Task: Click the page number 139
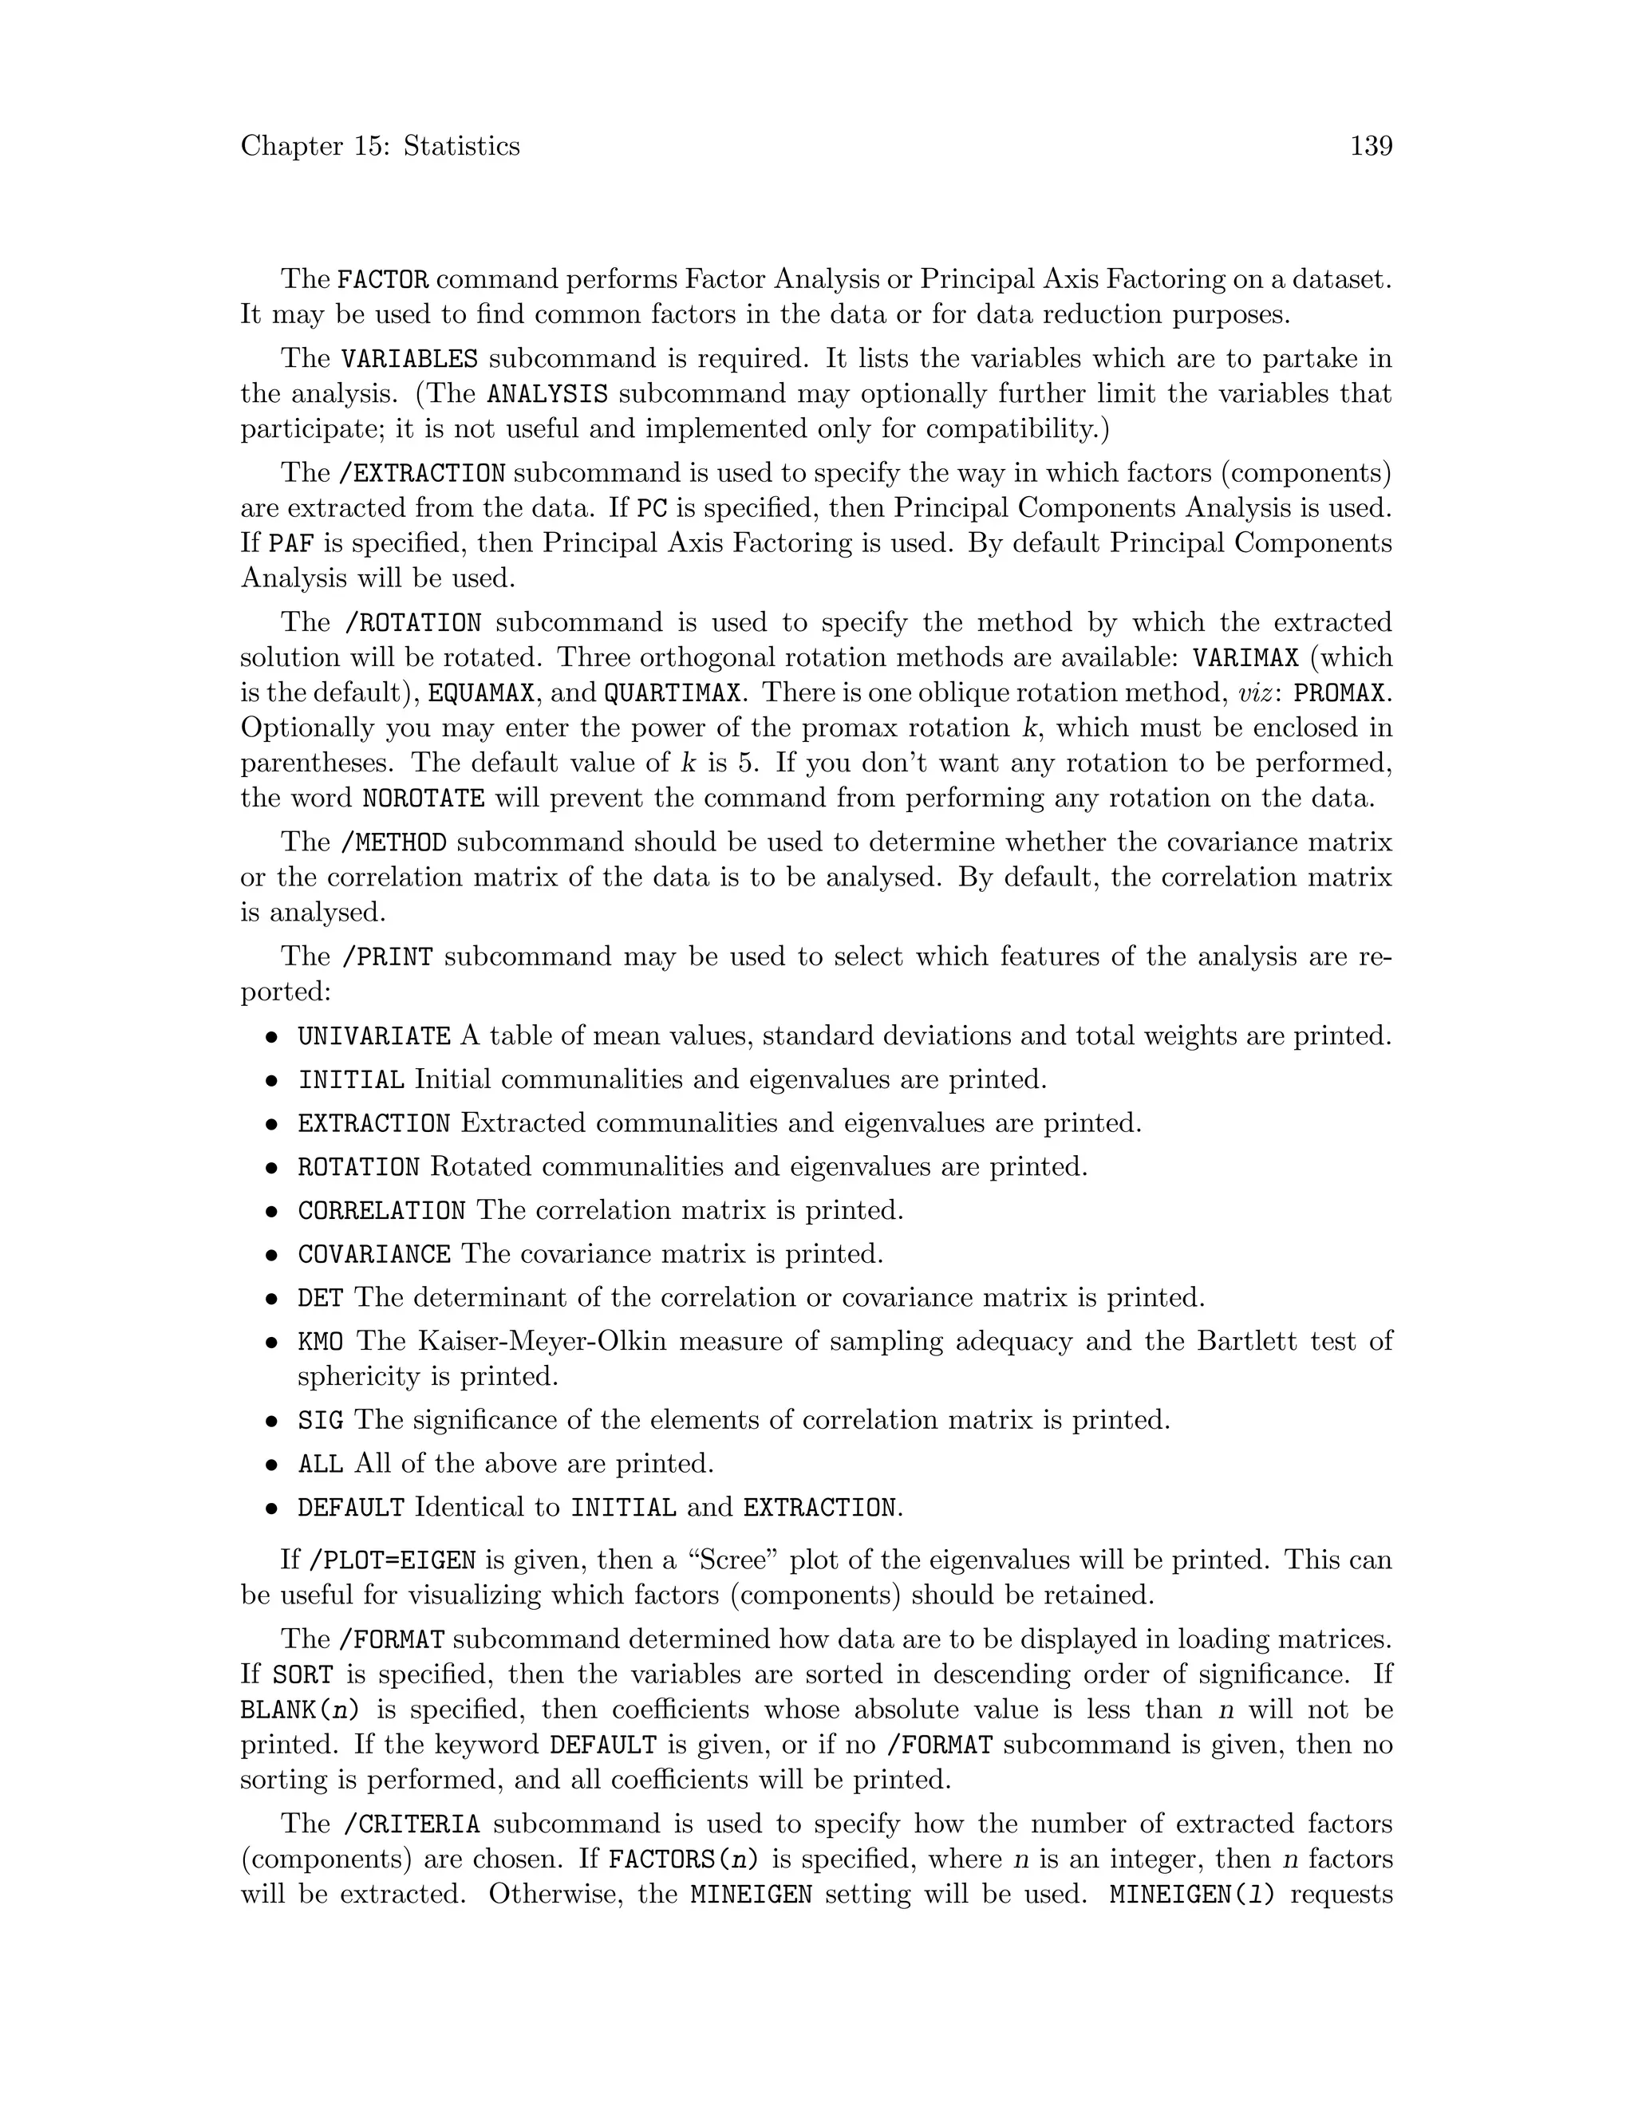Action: (x=1371, y=146)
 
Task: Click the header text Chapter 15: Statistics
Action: (x=380, y=146)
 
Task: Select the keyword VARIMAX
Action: (x=1245, y=658)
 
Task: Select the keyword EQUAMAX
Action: (x=481, y=694)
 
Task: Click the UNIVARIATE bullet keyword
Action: (x=373, y=1037)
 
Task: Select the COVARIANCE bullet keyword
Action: (x=373, y=1255)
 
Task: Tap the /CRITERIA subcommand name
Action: (x=412, y=1825)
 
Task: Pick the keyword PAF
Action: (x=291, y=544)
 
